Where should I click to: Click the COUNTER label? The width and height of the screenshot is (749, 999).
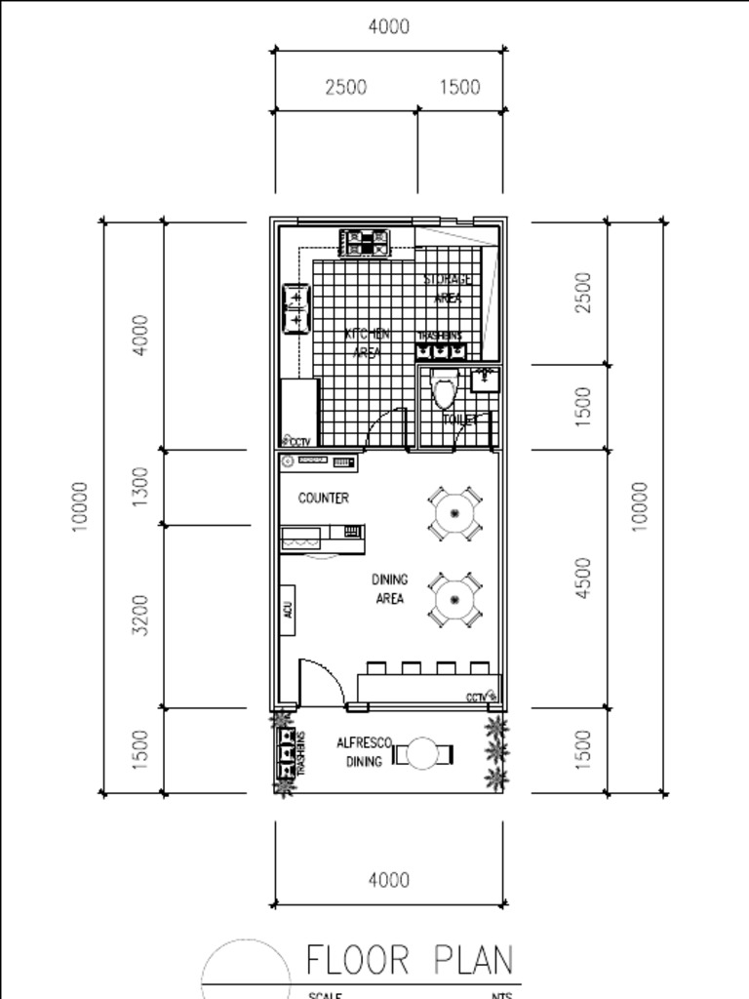(323, 498)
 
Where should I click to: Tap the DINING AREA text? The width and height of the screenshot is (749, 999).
(389, 589)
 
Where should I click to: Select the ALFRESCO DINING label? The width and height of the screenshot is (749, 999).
(363, 752)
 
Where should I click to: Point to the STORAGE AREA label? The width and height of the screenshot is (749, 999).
(448, 289)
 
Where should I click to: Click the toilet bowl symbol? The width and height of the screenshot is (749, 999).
(445, 390)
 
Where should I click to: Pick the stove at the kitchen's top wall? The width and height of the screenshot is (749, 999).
(365, 242)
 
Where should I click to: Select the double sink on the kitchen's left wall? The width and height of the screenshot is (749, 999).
(296, 308)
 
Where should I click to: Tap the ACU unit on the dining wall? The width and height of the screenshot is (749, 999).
(289, 610)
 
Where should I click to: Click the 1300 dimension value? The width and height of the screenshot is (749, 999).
(140, 486)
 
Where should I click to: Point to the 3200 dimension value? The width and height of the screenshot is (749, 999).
(140, 616)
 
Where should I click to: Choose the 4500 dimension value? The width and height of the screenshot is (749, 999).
(583, 578)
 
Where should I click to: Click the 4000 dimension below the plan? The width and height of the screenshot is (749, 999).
(388, 880)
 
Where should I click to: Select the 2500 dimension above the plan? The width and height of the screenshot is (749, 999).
(345, 87)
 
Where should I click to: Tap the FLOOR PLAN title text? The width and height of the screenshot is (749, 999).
(410, 960)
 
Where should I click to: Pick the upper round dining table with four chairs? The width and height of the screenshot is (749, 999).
(454, 513)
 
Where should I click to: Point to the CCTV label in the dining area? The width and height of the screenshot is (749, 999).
(481, 697)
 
